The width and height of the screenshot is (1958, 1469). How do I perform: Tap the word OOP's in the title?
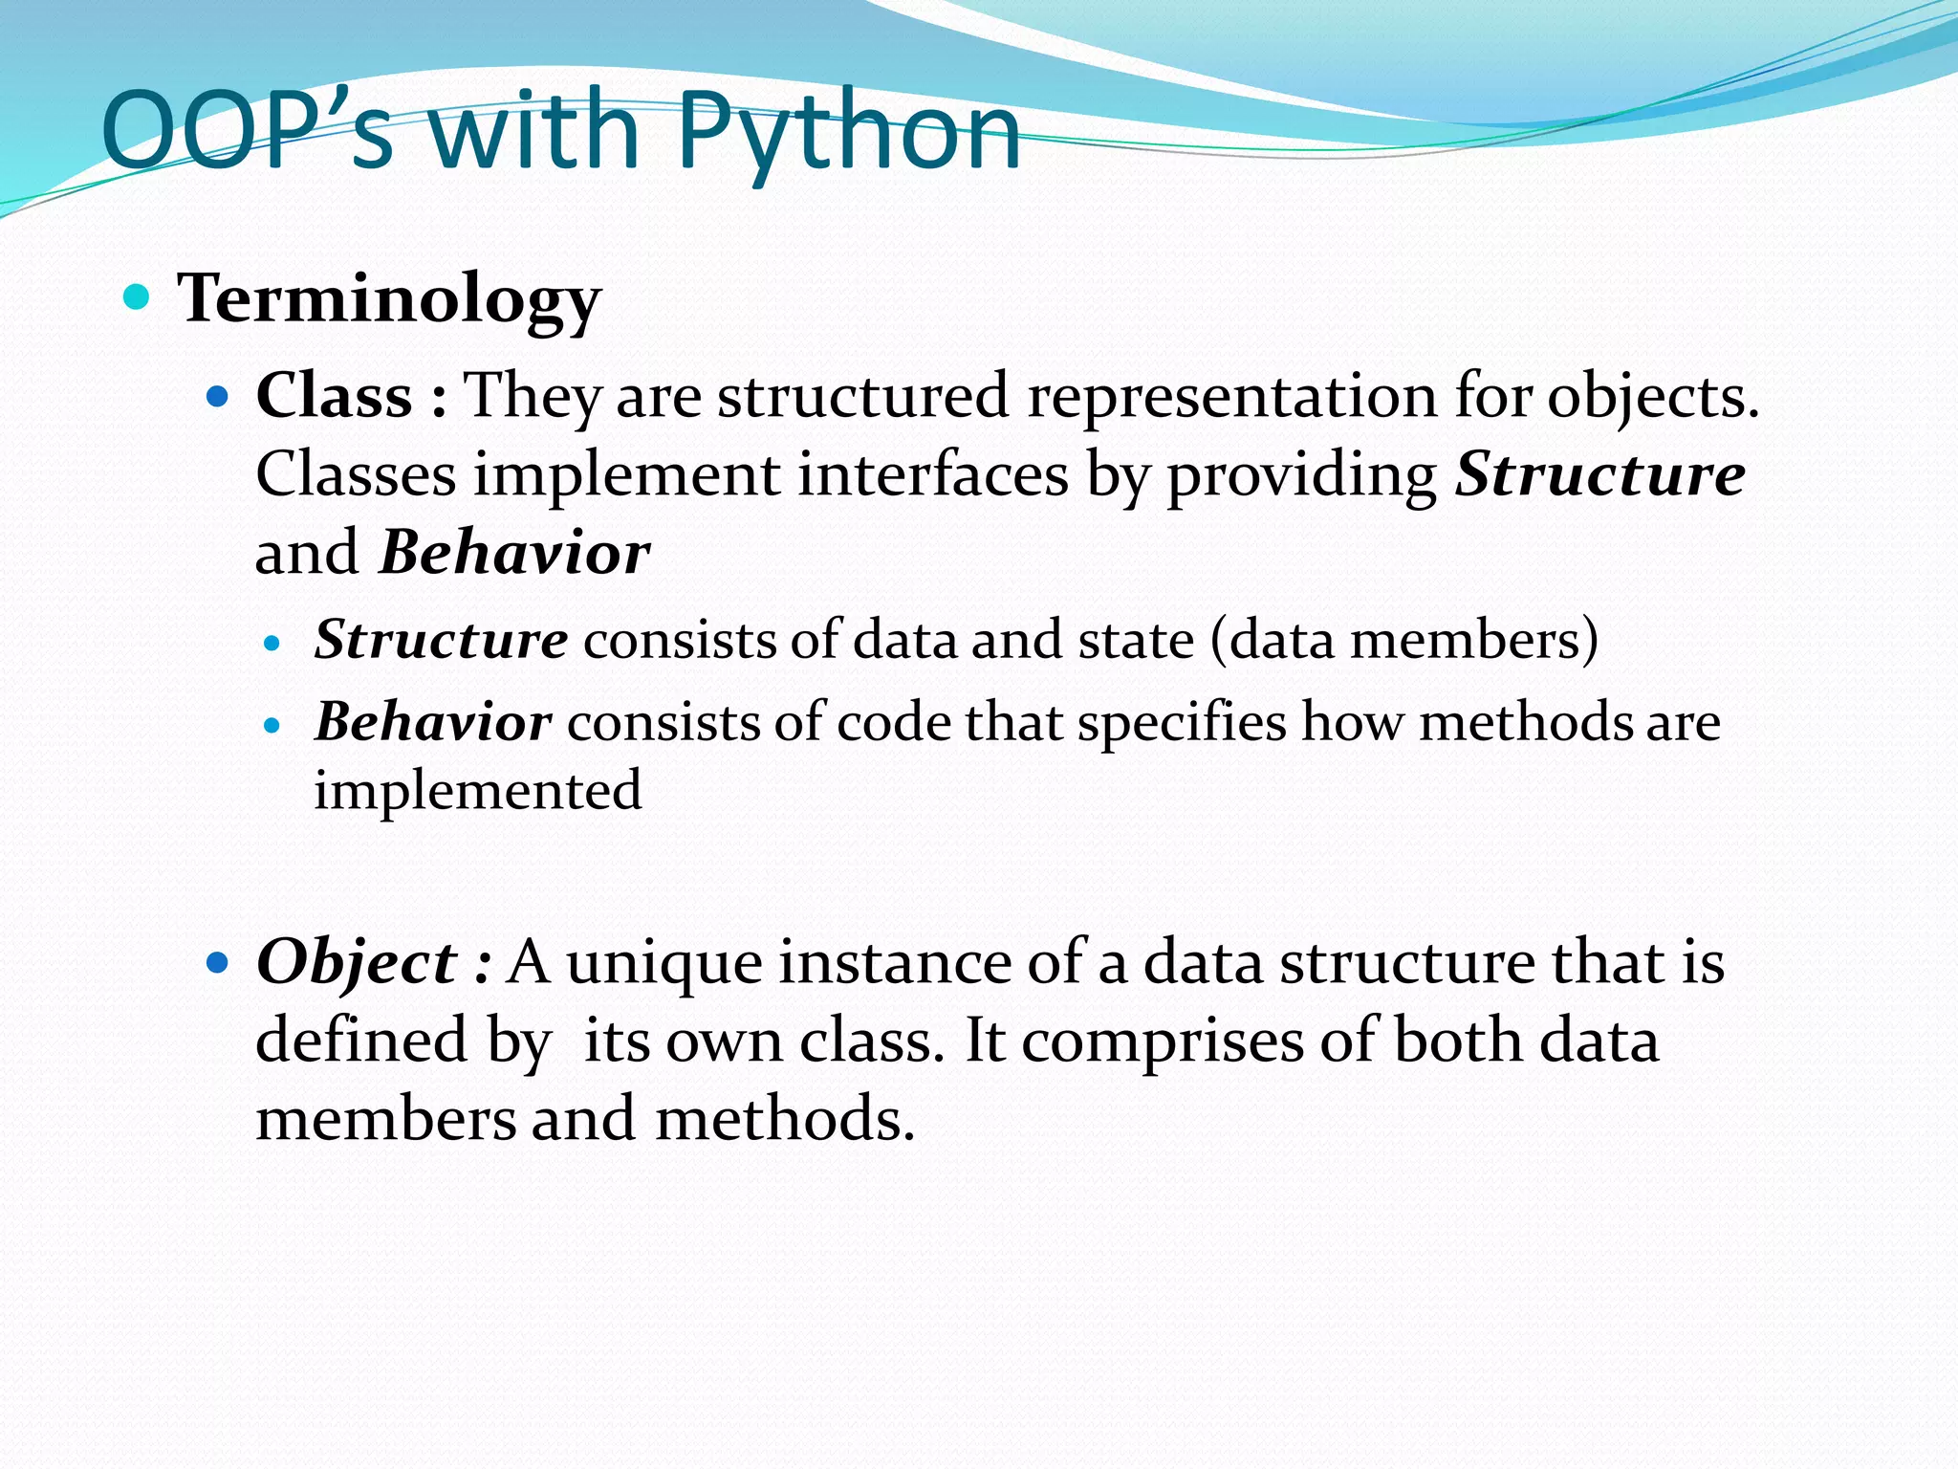(247, 132)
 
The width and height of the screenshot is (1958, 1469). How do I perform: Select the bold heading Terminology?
(389, 298)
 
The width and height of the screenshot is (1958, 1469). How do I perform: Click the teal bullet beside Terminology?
(138, 297)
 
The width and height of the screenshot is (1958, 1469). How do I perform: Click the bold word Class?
(334, 396)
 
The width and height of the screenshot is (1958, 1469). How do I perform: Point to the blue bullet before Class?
(218, 395)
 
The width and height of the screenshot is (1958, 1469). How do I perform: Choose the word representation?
(1231, 396)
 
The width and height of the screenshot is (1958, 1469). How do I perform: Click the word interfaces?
(933, 474)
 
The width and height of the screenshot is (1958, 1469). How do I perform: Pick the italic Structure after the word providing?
(1599, 474)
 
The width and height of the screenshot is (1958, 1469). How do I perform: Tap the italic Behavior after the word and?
(514, 553)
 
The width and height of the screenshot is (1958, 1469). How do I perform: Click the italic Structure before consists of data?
(441, 639)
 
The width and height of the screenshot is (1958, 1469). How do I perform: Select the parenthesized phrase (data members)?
(1403, 639)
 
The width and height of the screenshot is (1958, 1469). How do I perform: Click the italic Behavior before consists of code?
(433, 722)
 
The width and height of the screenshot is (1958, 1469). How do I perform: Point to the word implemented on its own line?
(477, 790)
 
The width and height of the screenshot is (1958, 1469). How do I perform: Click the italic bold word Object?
(356, 962)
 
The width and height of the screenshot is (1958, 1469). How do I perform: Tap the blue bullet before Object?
(218, 961)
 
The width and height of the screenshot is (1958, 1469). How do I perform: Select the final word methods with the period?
(785, 1119)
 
